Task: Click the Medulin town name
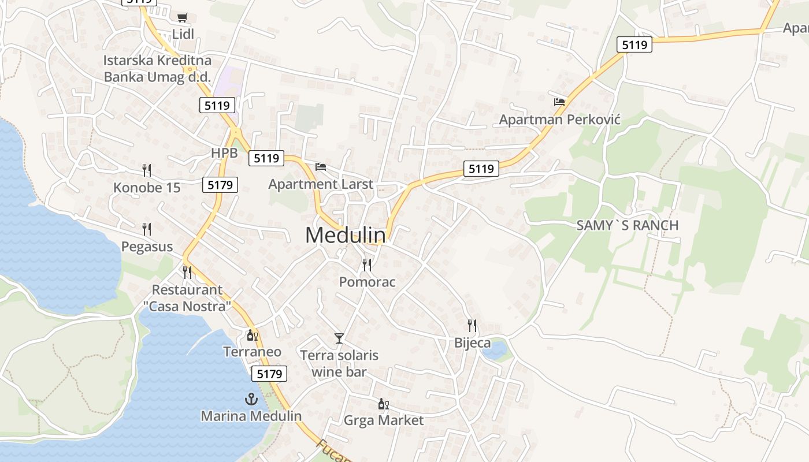point(346,235)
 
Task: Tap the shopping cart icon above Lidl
point(183,18)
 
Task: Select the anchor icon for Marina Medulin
point(251,398)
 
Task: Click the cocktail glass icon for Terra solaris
point(339,338)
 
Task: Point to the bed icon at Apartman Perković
point(559,102)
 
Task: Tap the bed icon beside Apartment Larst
point(321,167)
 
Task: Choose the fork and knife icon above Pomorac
point(367,265)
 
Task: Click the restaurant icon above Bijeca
point(472,326)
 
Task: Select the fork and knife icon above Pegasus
point(147,229)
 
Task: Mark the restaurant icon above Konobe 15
point(147,170)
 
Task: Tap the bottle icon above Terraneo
point(252,335)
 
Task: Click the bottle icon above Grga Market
point(383,404)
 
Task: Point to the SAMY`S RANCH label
point(628,225)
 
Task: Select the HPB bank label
point(224,153)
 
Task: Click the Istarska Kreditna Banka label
point(157,68)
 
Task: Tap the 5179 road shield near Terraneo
point(269,374)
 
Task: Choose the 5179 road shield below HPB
point(220,185)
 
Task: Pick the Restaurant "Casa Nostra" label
point(187,298)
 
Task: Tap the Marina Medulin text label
point(251,416)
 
